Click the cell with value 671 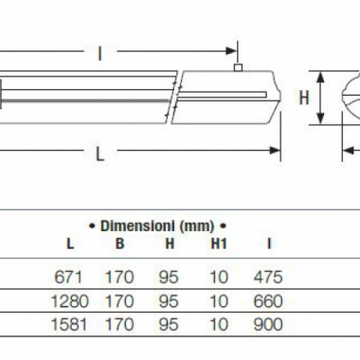coord(70,279)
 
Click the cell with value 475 coord(269,279)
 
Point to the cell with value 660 coord(269,303)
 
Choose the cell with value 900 coord(269,328)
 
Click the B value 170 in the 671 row coord(119,279)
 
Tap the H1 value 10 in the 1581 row coord(219,328)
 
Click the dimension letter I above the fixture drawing coord(100,54)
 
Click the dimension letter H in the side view coord(305,97)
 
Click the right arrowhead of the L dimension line coord(276,148)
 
